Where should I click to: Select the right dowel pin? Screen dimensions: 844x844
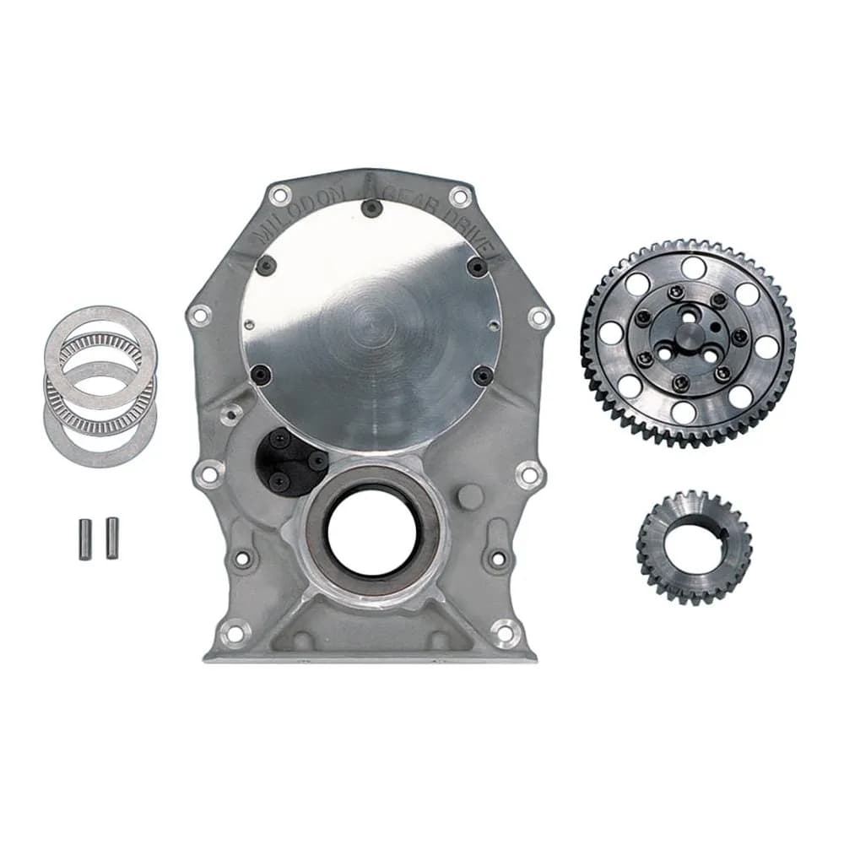[x=111, y=537]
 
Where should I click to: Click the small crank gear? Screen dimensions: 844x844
[x=694, y=546]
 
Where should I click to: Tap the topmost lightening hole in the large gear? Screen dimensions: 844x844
[x=693, y=268]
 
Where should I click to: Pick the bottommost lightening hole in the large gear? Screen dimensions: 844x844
[x=684, y=413]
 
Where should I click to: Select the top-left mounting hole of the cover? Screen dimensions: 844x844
[x=279, y=195]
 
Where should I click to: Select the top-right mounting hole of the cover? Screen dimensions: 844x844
[x=459, y=197]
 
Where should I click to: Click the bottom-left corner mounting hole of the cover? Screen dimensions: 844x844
[x=234, y=631]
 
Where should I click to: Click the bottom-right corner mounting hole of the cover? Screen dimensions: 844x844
[x=506, y=631]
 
